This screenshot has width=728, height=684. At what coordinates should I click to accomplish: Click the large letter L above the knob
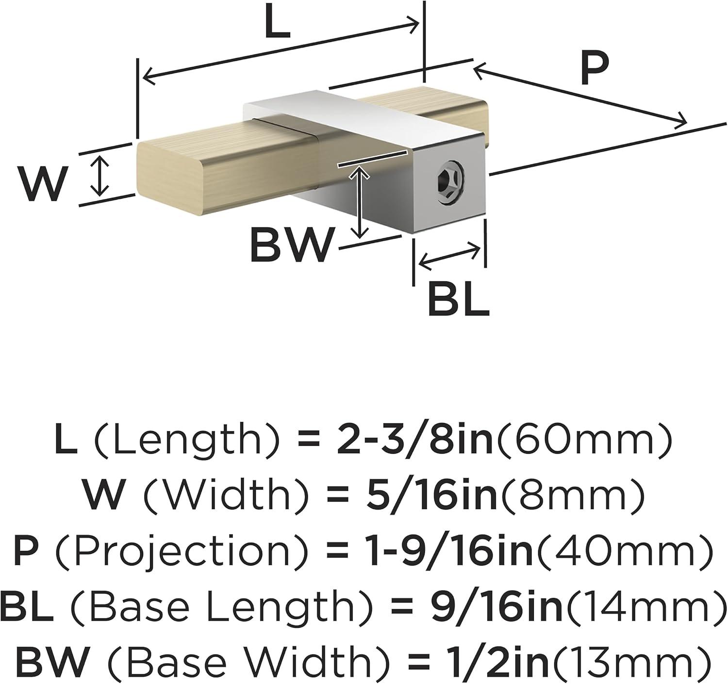tap(278, 20)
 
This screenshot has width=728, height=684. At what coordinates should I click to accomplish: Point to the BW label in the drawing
tap(288, 244)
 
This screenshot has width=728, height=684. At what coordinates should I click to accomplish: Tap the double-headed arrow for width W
tap(99, 175)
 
